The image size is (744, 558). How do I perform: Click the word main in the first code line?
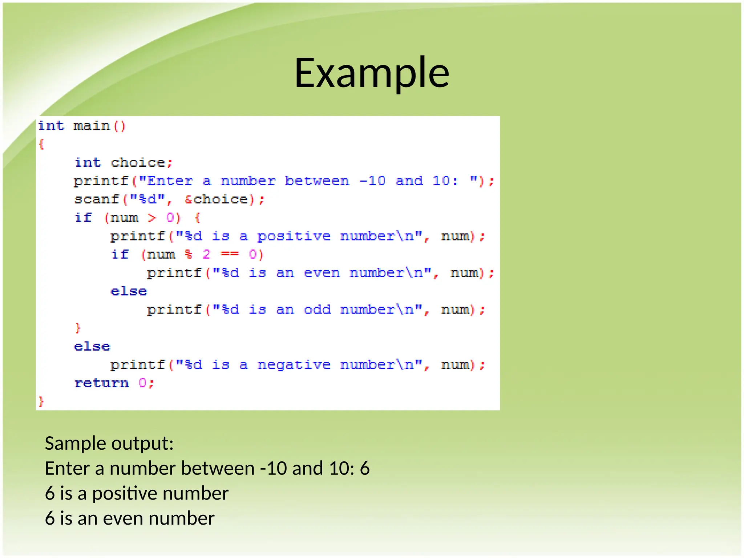click(x=92, y=126)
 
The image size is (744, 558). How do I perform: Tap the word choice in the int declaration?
click(x=138, y=162)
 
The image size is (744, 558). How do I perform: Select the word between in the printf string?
click(x=317, y=181)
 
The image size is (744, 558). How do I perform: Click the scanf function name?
click(x=97, y=199)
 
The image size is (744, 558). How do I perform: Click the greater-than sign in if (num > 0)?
click(x=152, y=218)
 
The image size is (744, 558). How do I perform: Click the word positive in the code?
click(x=294, y=236)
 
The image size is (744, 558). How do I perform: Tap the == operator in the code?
click(x=230, y=254)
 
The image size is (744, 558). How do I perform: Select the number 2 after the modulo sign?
click(x=206, y=254)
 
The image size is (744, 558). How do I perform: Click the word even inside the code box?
click(x=322, y=273)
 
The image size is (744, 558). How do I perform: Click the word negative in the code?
click(x=294, y=364)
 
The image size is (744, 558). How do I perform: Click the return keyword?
click(x=101, y=383)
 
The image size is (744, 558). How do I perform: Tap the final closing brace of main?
click(x=41, y=401)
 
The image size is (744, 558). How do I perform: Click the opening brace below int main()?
click(x=41, y=145)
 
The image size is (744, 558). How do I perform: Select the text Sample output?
click(x=109, y=443)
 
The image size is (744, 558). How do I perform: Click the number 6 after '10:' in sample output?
click(x=364, y=468)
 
